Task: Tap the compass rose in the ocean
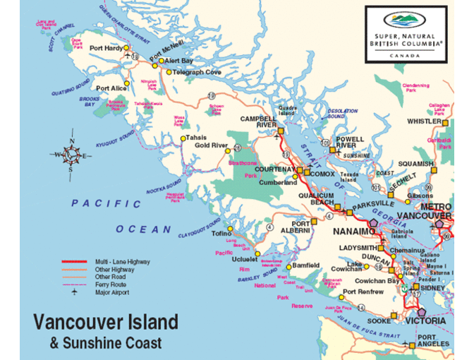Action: (x=71, y=154)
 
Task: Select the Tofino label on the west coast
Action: (x=222, y=233)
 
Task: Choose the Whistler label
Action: (x=423, y=121)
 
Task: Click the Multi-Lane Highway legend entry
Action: (x=122, y=262)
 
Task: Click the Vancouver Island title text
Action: (x=106, y=323)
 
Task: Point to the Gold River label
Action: (x=211, y=145)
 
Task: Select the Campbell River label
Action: (x=257, y=121)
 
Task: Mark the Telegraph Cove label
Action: (x=197, y=72)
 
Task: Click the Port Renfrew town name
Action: (x=363, y=292)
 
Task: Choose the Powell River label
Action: (x=350, y=143)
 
